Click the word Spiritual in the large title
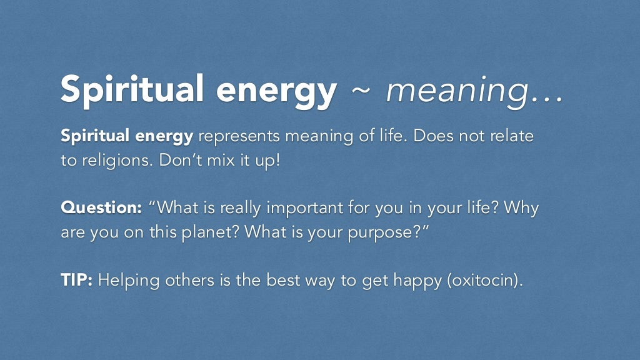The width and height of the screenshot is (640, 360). [x=132, y=90]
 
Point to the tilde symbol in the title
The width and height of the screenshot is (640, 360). [x=362, y=90]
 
